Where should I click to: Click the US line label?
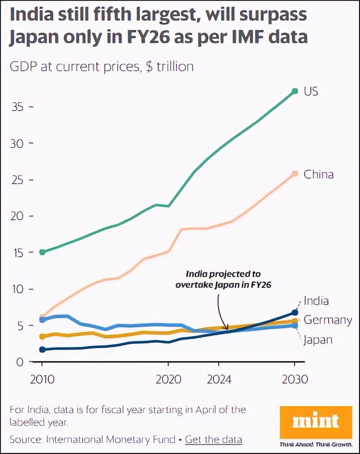[311, 91]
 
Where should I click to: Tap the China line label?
[318, 174]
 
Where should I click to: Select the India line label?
[316, 301]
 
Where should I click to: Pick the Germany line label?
[328, 320]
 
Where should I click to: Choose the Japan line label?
[318, 340]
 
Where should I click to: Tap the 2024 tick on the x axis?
[219, 379]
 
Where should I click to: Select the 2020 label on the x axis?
[168, 379]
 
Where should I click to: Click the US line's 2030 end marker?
[295, 91]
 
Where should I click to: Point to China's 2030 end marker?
[295, 173]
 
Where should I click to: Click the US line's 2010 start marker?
[42, 252]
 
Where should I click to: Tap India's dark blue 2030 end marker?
[295, 312]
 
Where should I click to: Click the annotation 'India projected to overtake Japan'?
[223, 279]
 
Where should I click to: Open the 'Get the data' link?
[213, 439]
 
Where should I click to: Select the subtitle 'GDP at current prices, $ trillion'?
[102, 67]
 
